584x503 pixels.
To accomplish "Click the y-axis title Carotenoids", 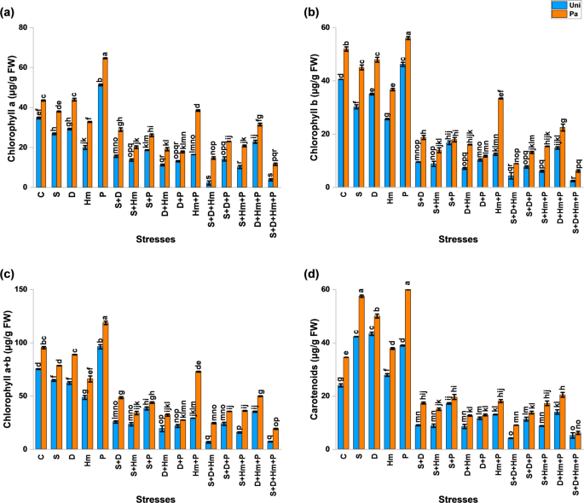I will (311, 368).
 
